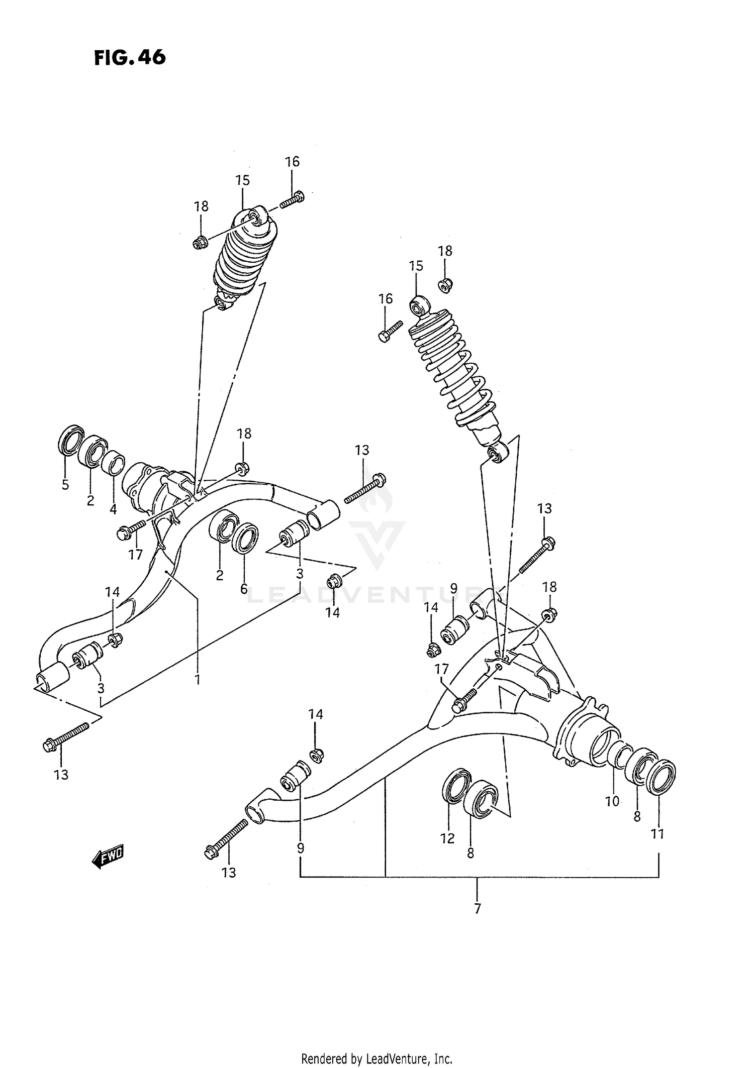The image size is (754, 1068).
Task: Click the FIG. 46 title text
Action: pyautogui.click(x=129, y=58)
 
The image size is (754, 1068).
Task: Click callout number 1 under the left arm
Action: pyautogui.click(x=198, y=680)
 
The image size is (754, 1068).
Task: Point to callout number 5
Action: pyautogui.click(x=65, y=485)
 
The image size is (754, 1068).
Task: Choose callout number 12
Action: pyautogui.click(x=447, y=838)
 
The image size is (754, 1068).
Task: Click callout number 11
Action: pyautogui.click(x=657, y=834)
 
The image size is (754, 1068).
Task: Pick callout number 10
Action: pyautogui.click(x=612, y=802)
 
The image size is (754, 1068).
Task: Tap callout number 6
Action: pyautogui.click(x=244, y=589)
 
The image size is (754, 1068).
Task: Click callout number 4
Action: pyautogui.click(x=113, y=509)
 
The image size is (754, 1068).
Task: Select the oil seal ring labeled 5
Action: pyautogui.click(x=71, y=439)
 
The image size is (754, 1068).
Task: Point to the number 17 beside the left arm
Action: pyautogui.click(x=135, y=555)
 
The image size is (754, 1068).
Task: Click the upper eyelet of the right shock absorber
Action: pyautogui.click(x=420, y=305)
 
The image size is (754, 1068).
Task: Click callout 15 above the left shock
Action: pyautogui.click(x=242, y=180)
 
